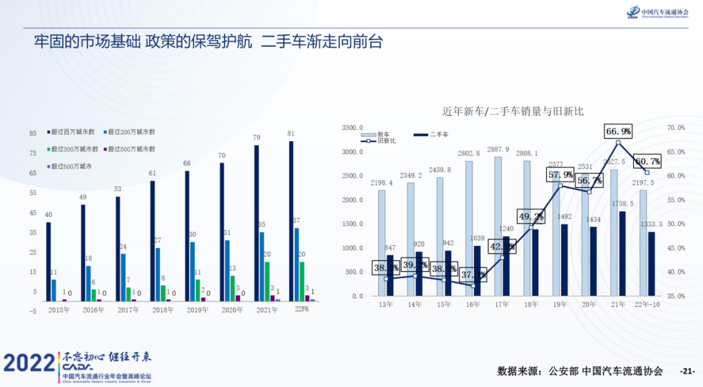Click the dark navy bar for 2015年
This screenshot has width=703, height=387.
48,261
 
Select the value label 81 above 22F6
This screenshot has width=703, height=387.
290,134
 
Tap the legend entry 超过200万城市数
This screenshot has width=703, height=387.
131,132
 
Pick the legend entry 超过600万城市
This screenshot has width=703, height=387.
72,167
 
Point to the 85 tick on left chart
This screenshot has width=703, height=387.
33,134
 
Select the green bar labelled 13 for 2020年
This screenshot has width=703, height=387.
232,289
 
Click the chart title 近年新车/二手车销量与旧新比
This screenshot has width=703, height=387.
513,111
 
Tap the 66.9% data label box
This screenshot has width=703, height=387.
618,131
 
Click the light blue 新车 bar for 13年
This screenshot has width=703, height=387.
381,243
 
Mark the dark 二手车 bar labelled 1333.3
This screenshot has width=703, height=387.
652,263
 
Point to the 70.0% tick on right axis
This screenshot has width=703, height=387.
676,128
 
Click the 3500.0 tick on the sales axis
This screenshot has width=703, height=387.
352,128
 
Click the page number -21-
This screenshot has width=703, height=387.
687,371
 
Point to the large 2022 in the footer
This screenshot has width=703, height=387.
29,364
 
